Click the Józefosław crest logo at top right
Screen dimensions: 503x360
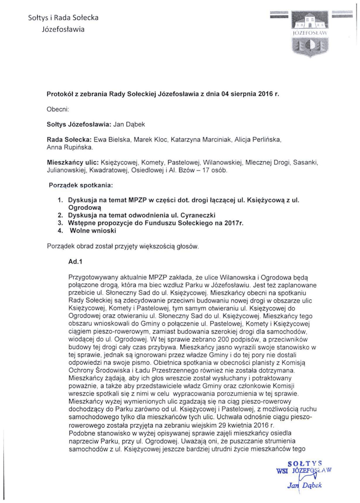point(310,31)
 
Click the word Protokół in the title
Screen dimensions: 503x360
point(61,93)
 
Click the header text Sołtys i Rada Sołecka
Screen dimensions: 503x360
point(63,18)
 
